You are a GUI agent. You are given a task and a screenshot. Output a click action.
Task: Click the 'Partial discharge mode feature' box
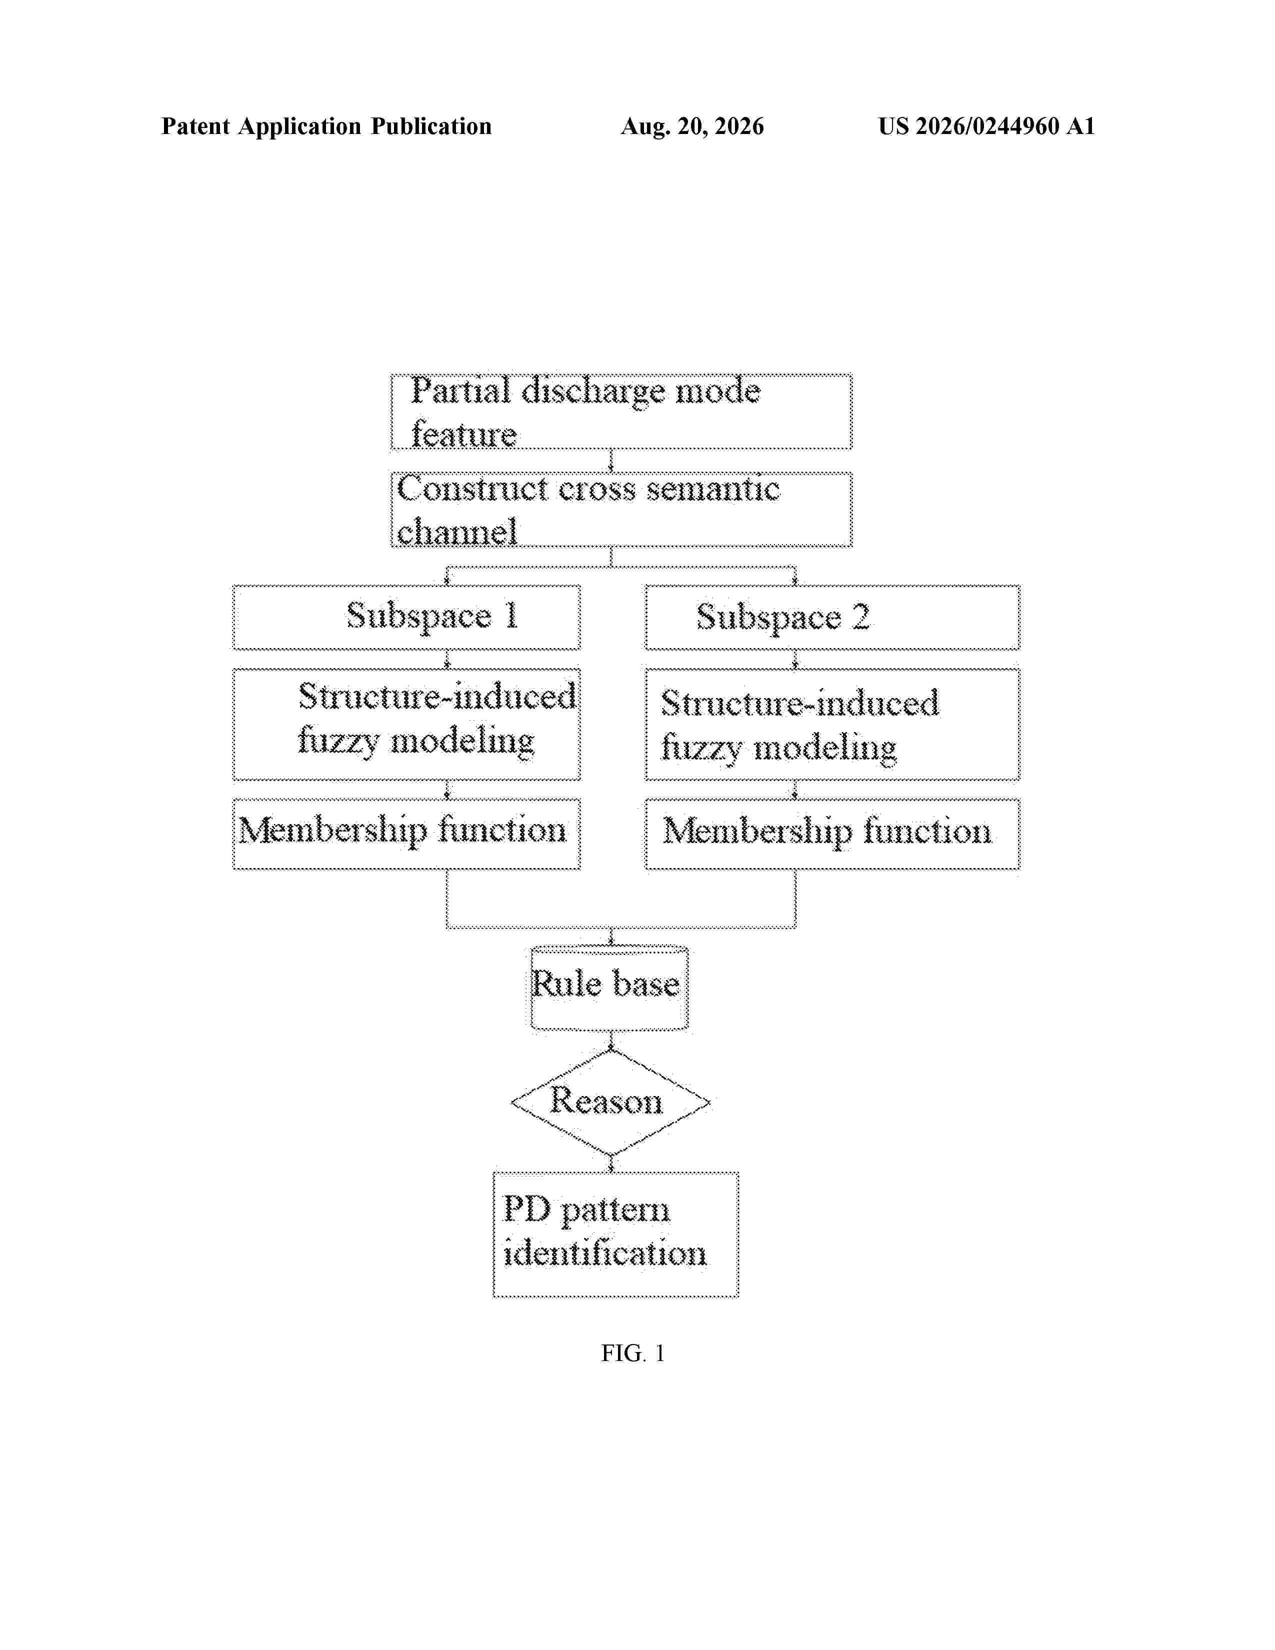621,411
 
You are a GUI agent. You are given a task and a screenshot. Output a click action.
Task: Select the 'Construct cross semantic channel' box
621,509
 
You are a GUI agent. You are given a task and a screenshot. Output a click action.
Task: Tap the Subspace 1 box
406,617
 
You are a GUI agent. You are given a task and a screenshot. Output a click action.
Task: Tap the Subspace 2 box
832,617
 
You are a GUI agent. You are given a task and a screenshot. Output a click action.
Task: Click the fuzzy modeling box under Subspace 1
406,724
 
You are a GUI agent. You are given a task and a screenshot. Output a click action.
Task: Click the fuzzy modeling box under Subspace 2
832,724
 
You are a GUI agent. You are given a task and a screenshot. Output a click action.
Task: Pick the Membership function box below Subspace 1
406,834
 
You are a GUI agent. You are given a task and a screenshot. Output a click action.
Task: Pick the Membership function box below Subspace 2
832,834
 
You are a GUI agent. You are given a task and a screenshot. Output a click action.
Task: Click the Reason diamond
610,1103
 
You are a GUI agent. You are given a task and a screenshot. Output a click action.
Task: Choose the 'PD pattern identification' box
615,1234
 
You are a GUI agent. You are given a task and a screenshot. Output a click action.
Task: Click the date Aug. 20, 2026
692,126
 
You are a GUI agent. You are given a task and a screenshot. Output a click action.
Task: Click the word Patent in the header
195,126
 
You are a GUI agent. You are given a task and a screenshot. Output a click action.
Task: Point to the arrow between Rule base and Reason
611,1040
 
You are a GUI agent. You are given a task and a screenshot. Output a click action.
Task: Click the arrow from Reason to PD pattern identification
611,1163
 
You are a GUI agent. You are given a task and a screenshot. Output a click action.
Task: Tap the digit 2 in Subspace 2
861,617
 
